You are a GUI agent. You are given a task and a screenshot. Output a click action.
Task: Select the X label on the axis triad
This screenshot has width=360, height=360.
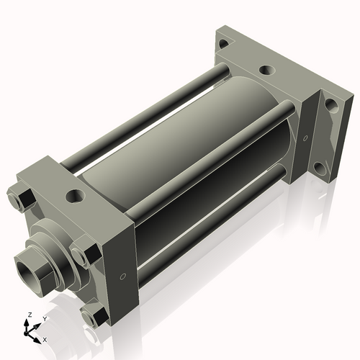(x=45, y=338)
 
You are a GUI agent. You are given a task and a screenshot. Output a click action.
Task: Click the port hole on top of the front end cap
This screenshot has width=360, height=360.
(x=74, y=194)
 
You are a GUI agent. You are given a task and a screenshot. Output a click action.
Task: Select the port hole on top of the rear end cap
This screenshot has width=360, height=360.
(x=266, y=71)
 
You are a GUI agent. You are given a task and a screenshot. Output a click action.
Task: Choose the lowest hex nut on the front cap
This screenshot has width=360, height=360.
(x=91, y=316)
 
